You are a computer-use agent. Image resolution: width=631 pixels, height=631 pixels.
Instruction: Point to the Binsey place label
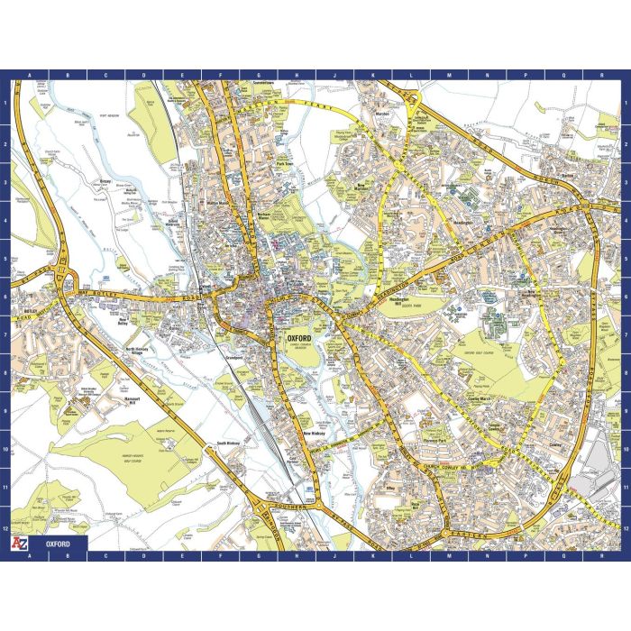(105, 180)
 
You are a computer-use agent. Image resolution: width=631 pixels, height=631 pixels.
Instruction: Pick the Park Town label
(286, 164)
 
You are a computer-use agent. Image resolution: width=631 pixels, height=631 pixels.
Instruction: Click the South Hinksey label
(226, 444)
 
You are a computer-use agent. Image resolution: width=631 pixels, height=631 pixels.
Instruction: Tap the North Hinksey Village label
(142, 352)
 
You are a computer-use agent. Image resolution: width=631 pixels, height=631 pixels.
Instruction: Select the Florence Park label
(435, 440)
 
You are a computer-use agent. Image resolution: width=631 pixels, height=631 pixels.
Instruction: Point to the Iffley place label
(391, 487)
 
